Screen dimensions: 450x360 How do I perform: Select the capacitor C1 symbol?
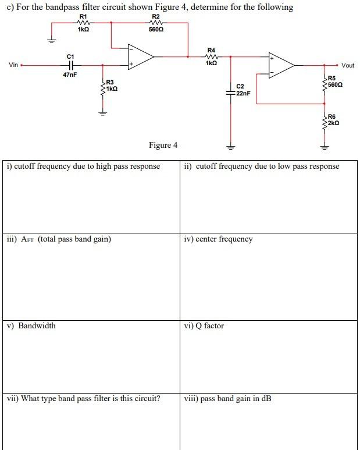coord(71,66)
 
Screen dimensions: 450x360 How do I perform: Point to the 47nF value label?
coord(70,76)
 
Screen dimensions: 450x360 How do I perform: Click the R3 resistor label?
coord(110,83)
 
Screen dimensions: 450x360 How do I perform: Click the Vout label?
coord(348,65)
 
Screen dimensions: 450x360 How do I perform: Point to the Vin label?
coord(13,65)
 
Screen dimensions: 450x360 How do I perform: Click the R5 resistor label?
coord(332,78)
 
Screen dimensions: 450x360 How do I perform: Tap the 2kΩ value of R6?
coord(333,123)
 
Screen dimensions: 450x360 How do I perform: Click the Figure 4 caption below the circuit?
coord(163,145)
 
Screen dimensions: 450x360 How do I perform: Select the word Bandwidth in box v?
coord(37,325)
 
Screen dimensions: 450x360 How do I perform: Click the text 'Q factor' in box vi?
coord(210,325)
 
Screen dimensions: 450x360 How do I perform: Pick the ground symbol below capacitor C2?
coord(230,147)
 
